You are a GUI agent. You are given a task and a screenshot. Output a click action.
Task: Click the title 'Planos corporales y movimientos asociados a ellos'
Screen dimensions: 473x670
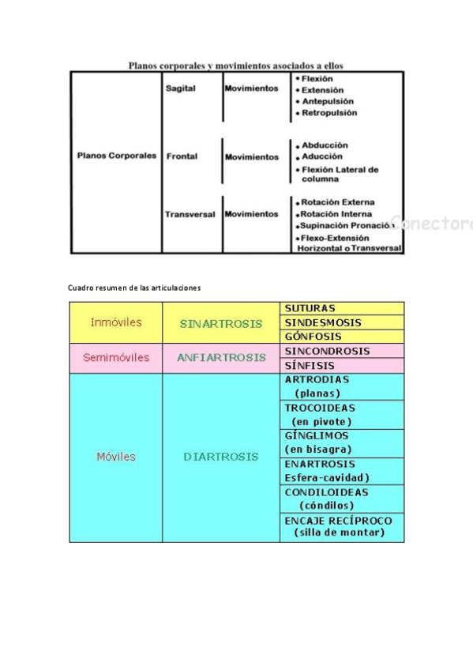[x=236, y=66]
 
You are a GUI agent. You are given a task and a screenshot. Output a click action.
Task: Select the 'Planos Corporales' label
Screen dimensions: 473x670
[x=116, y=156]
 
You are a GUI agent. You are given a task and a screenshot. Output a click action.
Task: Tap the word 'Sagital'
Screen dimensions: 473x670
[x=181, y=88]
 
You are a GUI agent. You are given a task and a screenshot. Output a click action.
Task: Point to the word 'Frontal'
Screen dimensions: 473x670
[x=182, y=156]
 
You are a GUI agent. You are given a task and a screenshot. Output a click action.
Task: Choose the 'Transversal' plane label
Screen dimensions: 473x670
[x=190, y=214]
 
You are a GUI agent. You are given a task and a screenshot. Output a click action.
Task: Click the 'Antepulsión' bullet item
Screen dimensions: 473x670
[x=327, y=101]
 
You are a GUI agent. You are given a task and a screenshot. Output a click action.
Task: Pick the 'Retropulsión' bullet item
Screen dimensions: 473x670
[x=328, y=113]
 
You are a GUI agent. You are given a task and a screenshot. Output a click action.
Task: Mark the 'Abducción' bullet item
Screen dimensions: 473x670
[x=325, y=145]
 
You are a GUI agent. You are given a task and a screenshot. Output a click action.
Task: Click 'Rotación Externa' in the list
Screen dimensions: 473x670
[x=337, y=202]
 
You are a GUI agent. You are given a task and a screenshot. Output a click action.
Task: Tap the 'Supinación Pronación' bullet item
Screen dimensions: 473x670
[x=346, y=225]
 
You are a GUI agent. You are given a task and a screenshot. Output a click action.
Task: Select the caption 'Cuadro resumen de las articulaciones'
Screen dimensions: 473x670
[x=134, y=288]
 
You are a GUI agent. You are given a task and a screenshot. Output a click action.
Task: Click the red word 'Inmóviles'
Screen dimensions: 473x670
[x=116, y=322]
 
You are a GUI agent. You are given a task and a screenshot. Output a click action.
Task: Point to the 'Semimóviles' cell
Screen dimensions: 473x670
[x=116, y=357]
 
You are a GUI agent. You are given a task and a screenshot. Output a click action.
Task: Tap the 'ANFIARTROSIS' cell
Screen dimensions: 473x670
[x=221, y=357]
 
